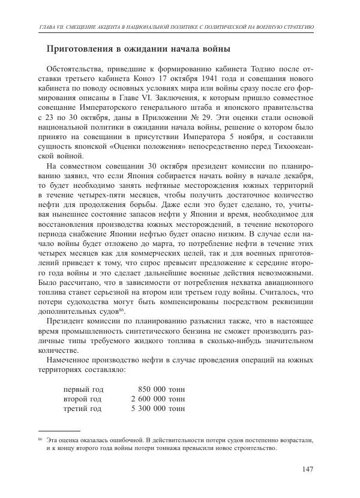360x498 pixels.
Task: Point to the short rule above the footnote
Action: coord(59,430)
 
